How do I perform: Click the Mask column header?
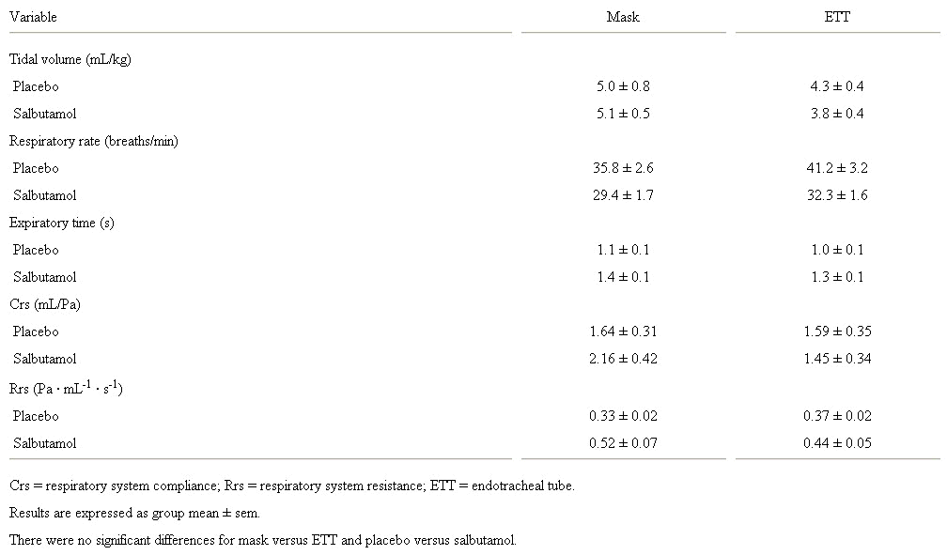coord(623,17)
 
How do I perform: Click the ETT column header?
coord(837,17)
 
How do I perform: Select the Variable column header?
coord(33,17)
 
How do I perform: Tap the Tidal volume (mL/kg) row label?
coord(70,59)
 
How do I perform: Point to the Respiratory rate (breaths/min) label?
coord(94,141)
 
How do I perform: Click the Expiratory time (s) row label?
coord(62,223)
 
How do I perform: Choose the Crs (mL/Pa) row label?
coord(45,304)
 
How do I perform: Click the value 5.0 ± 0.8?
coord(623,86)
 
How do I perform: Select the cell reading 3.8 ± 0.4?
coord(837,114)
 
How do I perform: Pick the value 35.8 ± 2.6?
coord(623,168)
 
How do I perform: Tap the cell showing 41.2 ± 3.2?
coord(837,168)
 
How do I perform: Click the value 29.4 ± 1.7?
coord(623,195)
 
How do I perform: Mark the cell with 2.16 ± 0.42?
coord(623,359)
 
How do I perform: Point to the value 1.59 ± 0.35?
coord(837,331)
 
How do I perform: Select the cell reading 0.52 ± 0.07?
coord(623,443)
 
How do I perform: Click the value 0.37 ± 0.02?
coord(837,416)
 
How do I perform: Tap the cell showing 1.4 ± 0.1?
coord(623,277)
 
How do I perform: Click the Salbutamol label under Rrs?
coord(45,443)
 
